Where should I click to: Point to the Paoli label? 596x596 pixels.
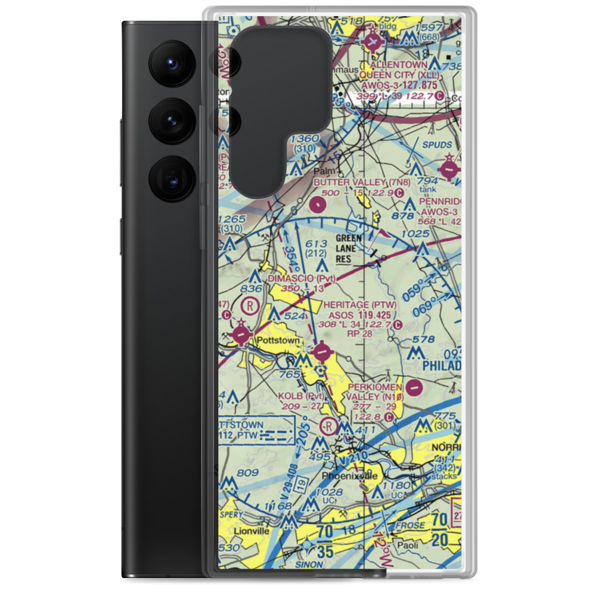tap(409, 545)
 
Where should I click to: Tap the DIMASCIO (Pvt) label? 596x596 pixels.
tap(302, 278)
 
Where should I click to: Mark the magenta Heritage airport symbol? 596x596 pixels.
tap(322, 352)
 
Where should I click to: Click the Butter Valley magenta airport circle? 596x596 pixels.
tap(318, 206)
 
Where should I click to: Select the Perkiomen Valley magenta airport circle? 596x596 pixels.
tap(416, 389)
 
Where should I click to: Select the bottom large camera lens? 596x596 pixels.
tap(170, 178)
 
